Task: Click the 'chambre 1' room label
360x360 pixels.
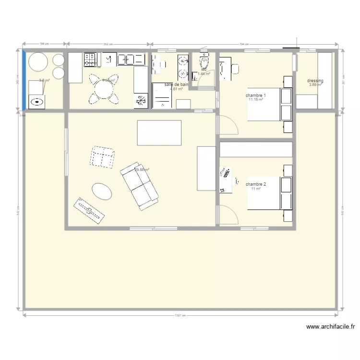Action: (x=256, y=96)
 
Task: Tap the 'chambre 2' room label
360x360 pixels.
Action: (x=255, y=184)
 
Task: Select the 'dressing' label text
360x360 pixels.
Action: (x=315, y=81)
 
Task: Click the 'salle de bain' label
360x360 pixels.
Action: (x=176, y=84)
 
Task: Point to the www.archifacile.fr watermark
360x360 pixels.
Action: (x=330, y=327)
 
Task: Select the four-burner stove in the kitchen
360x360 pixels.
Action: (x=90, y=60)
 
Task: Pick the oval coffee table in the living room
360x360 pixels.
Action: (x=102, y=192)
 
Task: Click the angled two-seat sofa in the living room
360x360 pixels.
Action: (x=139, y=186)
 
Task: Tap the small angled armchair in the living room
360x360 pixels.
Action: (x=102, y=157)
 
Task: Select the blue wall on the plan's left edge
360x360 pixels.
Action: (x=24, y=80)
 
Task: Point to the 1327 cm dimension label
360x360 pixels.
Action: (x=180, y=315)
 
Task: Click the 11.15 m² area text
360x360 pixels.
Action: (x=256, y=100)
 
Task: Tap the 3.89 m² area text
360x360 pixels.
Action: (x=315, y=85)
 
